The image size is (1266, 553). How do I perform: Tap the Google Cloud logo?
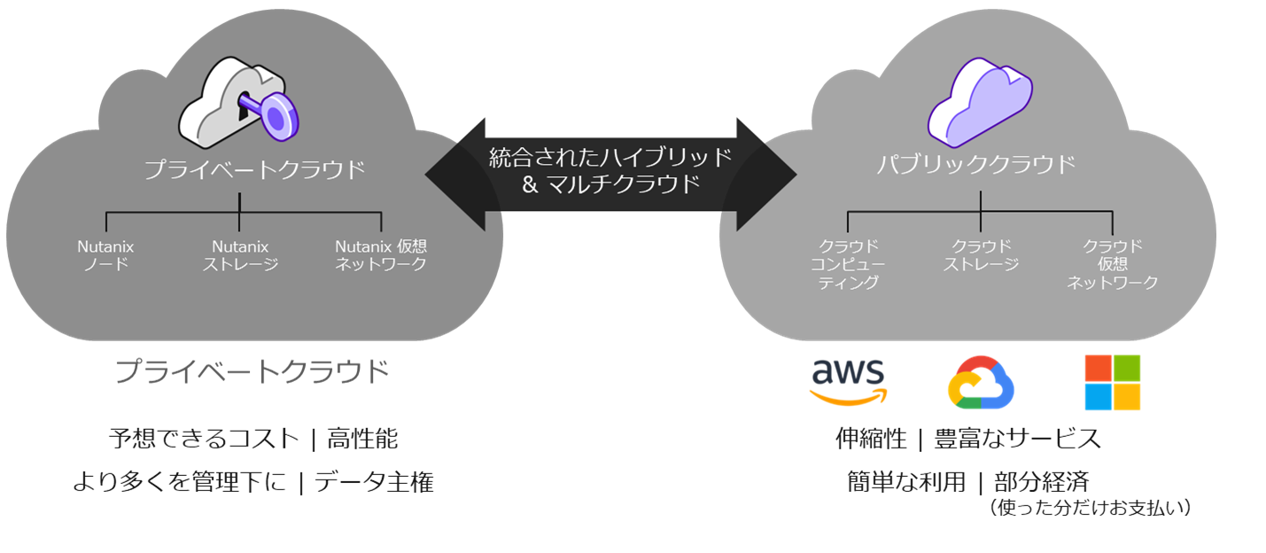click(981, 383)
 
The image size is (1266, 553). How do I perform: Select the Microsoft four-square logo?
click(1113, 383)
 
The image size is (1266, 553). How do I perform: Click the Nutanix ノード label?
click(105, 255)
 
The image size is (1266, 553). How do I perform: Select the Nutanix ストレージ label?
click(240, 255)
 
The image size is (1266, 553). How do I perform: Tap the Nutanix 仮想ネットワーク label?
click(381, 255)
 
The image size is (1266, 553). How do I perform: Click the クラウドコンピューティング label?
click(847, 264)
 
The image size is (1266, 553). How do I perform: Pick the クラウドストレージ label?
click(981, 255)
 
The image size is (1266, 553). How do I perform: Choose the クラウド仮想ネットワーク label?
click(1113, 264)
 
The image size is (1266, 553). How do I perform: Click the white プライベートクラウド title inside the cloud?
click(255, 168)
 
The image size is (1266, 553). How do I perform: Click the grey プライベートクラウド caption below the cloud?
click(252, 371)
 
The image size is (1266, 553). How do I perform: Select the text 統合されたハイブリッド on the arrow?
click(610, 158)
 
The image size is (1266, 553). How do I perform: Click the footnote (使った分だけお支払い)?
click(1090, 509)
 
